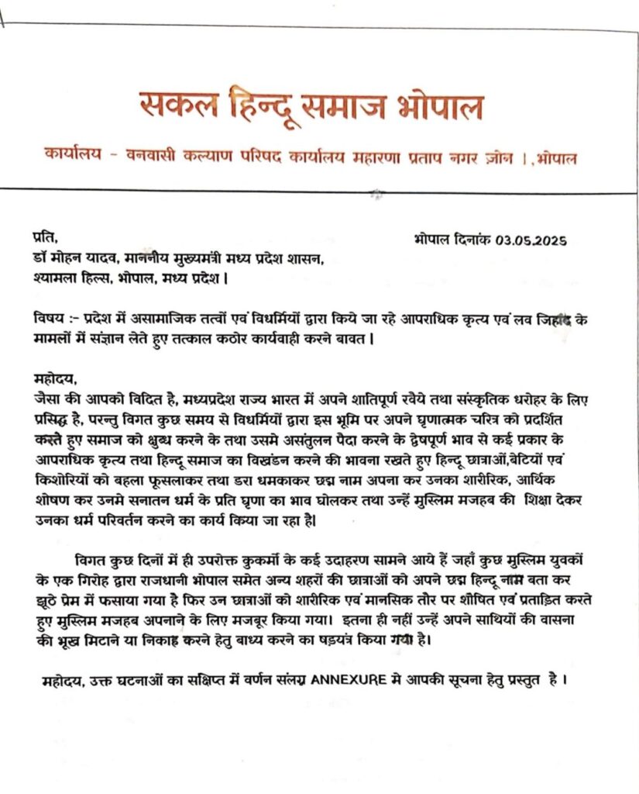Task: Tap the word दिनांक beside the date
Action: [471, 240]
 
